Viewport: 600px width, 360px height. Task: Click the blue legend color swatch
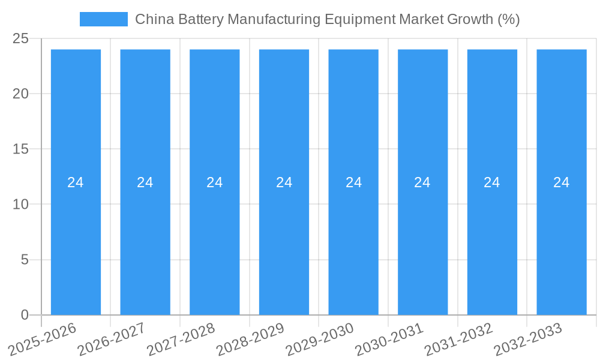tap(104, 19)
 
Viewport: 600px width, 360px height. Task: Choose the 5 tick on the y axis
tap(25, 260)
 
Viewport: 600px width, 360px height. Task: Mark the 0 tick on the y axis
tap(25, 315)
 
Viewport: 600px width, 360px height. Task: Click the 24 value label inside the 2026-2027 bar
tap(145, 182)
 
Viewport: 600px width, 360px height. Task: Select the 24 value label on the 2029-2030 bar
tap(353, 182)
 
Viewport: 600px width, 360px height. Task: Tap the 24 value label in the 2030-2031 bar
tap(422, 182)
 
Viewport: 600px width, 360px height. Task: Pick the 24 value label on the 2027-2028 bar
tap(215, 182)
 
